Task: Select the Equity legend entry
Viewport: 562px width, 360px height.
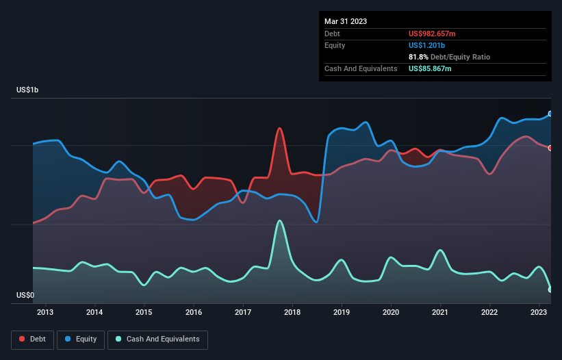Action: (x=81, y=339)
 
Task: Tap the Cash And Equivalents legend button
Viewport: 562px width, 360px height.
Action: (x=157, y=339)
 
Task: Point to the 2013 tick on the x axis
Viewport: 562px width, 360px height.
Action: (x=46, y=313)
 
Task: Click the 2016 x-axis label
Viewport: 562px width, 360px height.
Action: (x=194, y=313)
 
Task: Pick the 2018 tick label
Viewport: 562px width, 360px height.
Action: (x=292, y=313)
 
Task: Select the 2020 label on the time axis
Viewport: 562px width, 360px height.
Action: (x=391, y=313)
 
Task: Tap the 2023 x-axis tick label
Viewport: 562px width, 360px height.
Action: (x=539, y=313)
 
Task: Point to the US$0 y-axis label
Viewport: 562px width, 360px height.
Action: (x=25, y=296)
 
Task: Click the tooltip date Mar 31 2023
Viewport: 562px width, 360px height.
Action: (x=346, y=21)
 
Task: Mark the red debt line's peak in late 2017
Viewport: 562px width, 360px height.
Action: (x=279, y=128)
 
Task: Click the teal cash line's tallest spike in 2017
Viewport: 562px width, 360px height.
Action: (x=279, y=220)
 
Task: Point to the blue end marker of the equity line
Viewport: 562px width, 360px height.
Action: (x=550, y=114)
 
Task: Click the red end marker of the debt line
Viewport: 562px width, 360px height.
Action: (x=550, y=148)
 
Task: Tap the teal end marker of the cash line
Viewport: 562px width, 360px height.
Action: (x=550, y=290)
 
